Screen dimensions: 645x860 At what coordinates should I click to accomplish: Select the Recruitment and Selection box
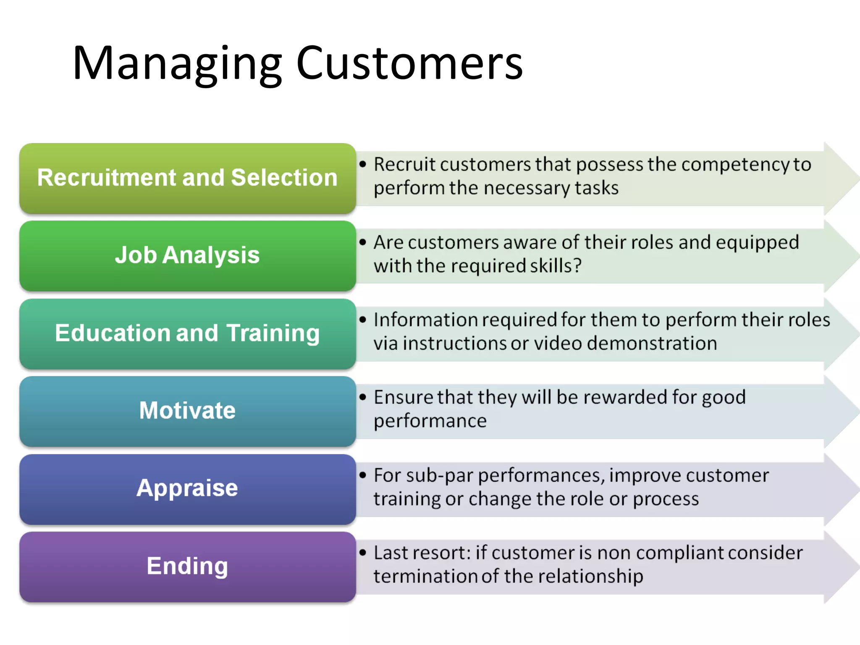click(187, 178)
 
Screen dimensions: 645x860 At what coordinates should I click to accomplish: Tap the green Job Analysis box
click(187, 255)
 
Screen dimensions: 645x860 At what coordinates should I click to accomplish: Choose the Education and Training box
click(187, 333)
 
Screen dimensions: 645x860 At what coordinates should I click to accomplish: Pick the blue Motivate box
click(187, 411)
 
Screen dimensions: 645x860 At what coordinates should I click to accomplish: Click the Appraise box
click(187, 488)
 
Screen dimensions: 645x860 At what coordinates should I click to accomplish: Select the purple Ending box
click(187, 566)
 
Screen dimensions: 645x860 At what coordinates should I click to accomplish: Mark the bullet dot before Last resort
click(363, 553)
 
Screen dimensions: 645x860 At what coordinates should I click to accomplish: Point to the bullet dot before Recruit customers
click(363, 164)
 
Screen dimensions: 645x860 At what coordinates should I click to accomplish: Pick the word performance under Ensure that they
click(430, 421)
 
